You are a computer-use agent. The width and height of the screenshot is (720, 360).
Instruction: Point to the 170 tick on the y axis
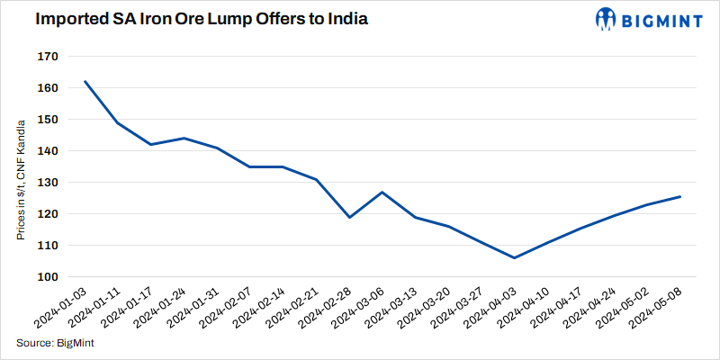[x=48, y=57]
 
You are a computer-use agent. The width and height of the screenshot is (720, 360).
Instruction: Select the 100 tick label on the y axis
[x=48, y=276]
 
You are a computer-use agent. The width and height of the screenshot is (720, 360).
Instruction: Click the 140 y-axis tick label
[x=48, y=151]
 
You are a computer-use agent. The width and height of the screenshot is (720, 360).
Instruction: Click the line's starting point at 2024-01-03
[x=85, y=81]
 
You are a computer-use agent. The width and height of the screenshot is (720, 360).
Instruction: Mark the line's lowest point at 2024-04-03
[x=514, y=257]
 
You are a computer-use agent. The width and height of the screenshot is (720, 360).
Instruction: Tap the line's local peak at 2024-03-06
[x=382, y=192]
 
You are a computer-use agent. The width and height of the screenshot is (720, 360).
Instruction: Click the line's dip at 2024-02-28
[x=349, y=217]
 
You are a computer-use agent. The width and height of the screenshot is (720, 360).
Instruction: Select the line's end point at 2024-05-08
[x=679, y=196]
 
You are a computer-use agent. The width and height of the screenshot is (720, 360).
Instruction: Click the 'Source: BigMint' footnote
[x=56, y=343]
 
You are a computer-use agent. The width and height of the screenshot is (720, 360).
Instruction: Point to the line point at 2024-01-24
[x=184, y=138]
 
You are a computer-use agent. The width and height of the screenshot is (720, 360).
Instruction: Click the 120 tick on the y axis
[x=48, y=213]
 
